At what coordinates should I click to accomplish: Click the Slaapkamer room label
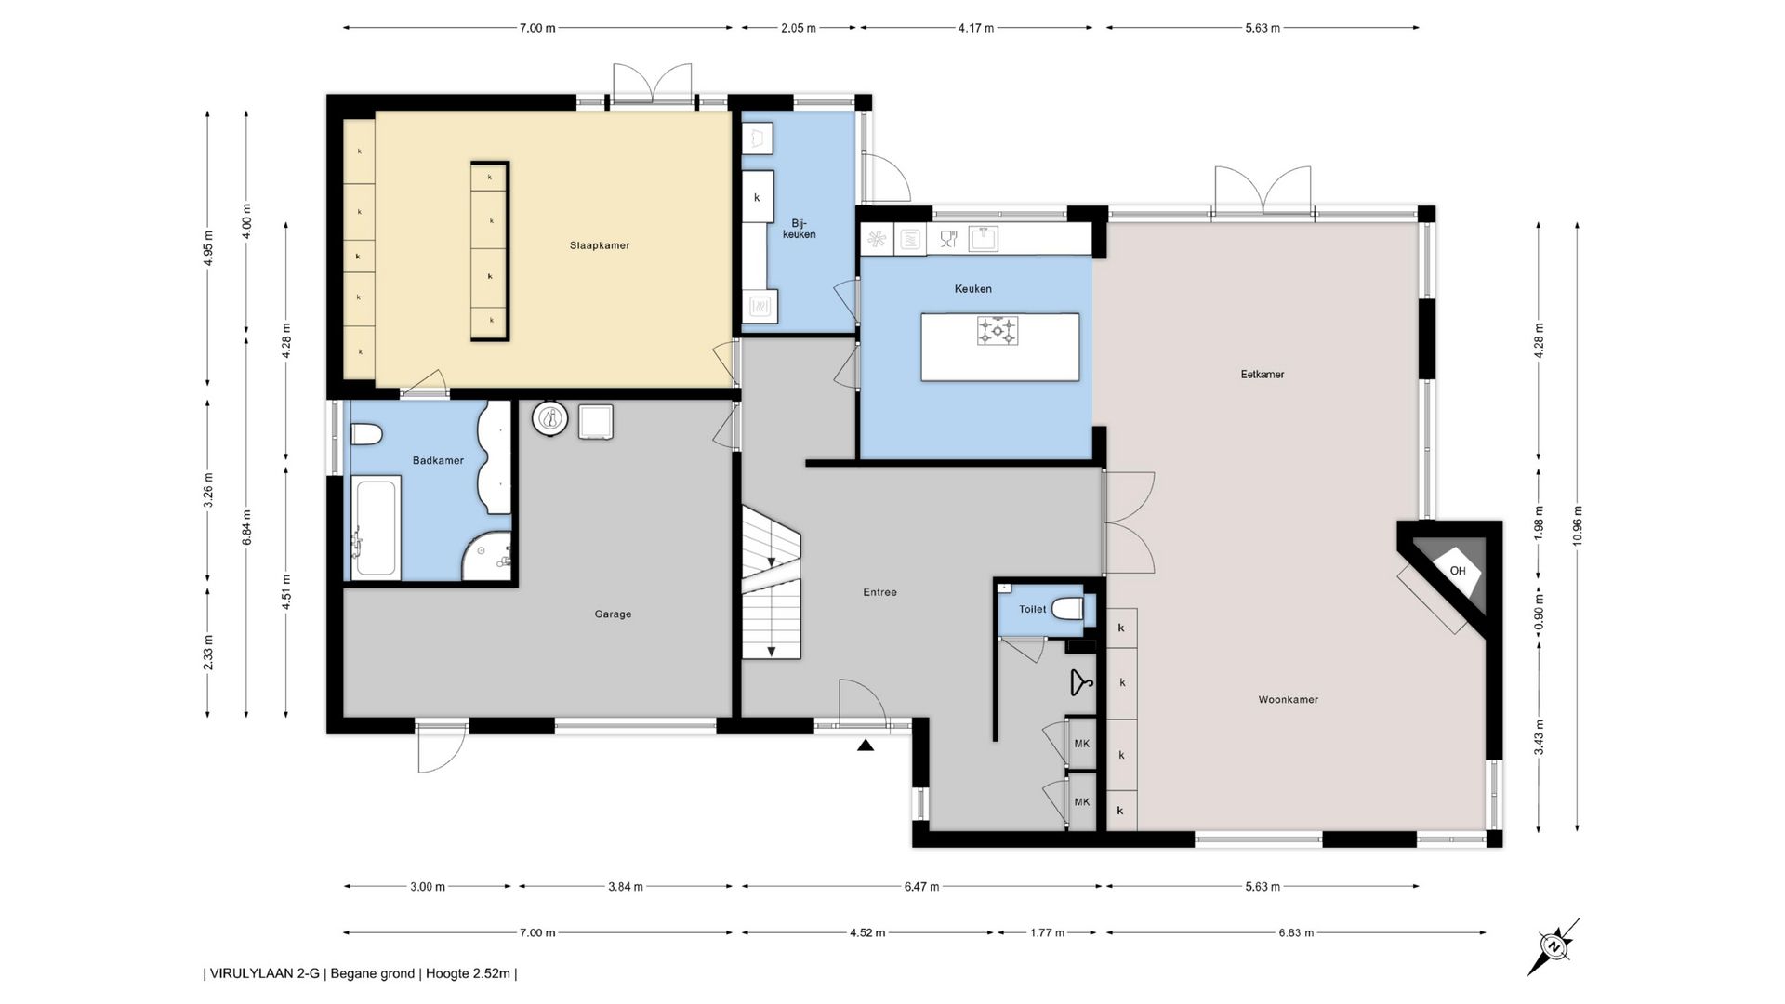click(x=600, y=245)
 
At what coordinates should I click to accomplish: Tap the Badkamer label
click(x=438, y=460)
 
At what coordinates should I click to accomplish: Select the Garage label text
click(x=613, y=614)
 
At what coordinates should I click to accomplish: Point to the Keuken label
click(x=973, y=288)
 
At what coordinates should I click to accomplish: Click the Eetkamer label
click(x=1263, y=374)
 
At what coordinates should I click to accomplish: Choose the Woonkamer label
click(x=1289, y=699)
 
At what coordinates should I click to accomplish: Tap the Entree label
click(x=879, y=592)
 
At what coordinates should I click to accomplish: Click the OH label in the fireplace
click(x=1458, y=571)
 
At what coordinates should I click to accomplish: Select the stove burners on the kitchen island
click(x=998, y=331)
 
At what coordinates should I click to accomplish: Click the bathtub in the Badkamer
click(x=377, y=527)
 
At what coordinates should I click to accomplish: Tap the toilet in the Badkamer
click(x=367, y=434)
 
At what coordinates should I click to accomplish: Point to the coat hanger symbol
click(x=1080, y=683)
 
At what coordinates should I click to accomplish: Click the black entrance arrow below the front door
click(x=866, y=745)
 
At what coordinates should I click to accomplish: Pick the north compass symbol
click(x=1553, y=946)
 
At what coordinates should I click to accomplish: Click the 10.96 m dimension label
click(x=1578, y=526)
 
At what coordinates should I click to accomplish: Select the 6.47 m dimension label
click(x=921, y=886)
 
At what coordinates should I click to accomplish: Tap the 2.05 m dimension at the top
click(x=799, y=28)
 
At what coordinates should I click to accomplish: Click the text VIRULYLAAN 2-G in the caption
click(x=265, y=974)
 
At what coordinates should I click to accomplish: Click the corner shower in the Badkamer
click(x=489, y=557)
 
